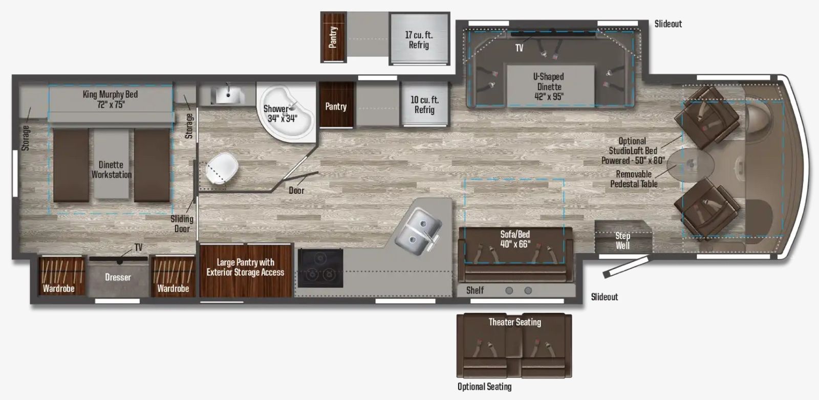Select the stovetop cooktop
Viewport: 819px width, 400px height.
[320, 268]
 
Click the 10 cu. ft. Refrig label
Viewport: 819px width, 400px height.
[424, 105]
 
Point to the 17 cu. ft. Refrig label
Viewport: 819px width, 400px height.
[418, 40]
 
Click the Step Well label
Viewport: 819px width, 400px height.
[622, 240]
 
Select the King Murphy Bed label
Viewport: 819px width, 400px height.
[110, 99]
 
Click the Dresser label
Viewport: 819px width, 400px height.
[118, 277]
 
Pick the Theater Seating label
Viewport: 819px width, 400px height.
[514, 322]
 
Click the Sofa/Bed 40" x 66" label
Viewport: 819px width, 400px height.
[515, 239]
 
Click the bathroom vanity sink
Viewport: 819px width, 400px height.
[226, 95]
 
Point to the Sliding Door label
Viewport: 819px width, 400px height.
[182, 224]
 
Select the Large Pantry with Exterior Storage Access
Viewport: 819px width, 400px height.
[245, 268]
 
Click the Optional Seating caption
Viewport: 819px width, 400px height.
[484, 387]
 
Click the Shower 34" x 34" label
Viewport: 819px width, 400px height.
[281, 114]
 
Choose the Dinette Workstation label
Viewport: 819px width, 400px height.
[111, 169]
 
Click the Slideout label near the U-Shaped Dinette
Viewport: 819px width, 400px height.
[668, 24]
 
